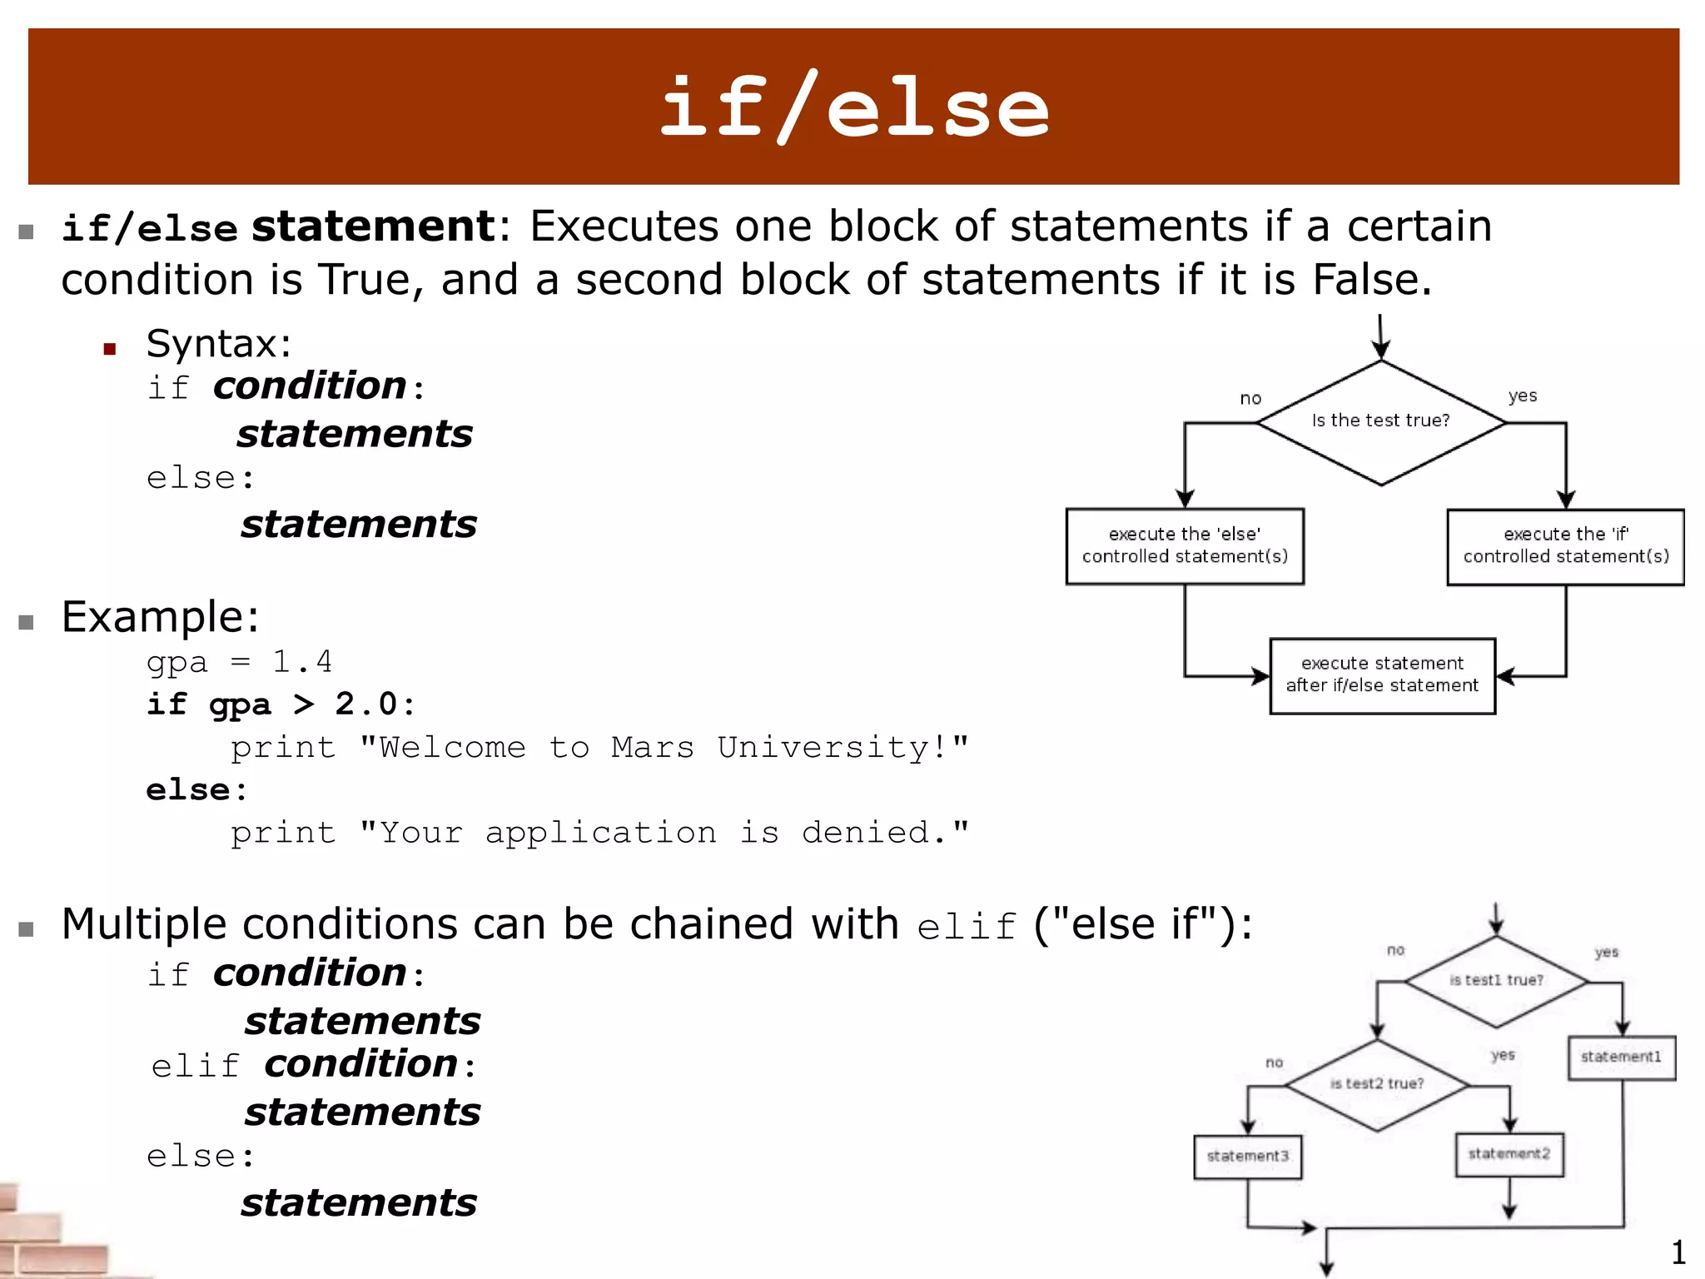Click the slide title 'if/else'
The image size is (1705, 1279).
click(x=854, y=108)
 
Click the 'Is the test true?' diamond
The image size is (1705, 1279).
click(x=1381, y=422)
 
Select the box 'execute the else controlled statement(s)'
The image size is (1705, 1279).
click(x=1185, y=546)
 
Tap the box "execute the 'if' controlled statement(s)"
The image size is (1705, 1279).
click(x=1565, y=546)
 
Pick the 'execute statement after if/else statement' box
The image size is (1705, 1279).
click(x=1382, y=675)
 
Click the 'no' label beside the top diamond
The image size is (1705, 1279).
click(x=1250, y=399)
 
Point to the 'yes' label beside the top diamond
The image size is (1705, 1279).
click(x=1523, y=396)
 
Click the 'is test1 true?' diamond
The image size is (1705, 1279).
click(x=1496, y=981)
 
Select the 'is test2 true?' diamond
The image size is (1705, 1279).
click(x=1377, y=1084)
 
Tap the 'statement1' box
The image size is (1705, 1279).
click(x=1621, y=1058)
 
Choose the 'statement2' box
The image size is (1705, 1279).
click(x=1509, y=1154)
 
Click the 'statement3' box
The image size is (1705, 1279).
click(x=1247, y=1157)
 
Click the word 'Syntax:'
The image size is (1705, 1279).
click(x=219, y=344)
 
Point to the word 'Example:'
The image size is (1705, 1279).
click(x=160, y=617)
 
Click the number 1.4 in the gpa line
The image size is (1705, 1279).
click(x=302, y=662)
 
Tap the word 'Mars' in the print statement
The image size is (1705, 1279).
click(x=653, y=748)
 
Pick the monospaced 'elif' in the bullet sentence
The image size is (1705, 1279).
click(x=967, y=927)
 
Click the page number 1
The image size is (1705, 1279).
click(x=1678, y=1252)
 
